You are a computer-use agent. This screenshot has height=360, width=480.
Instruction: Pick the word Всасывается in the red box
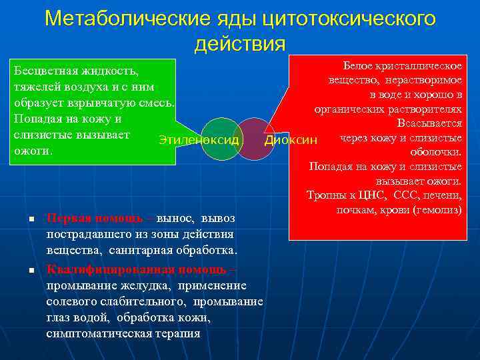pyautogui.click(x=429, y=124)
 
